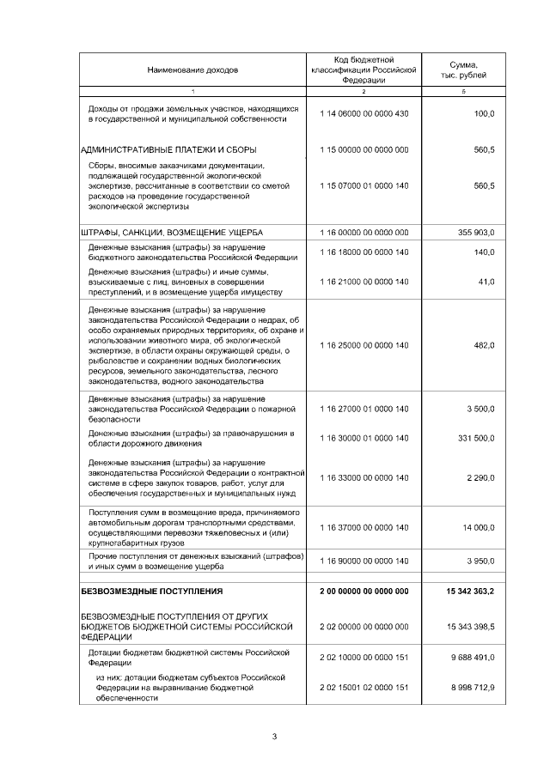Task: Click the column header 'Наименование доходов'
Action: [x=192, y=69]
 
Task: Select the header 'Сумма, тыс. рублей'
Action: [x=463, y=70]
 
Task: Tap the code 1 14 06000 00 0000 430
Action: [x=364, y=114]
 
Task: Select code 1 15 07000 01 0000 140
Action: [x=364, y=185]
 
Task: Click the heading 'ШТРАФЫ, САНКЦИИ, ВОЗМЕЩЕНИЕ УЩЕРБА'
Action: [x=171, y=232]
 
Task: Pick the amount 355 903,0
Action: [x=472, y=232]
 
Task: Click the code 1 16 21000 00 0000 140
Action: [x=364, y=282]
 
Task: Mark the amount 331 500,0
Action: [x=474, y=438]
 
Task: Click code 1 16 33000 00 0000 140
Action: [x=364, y=477]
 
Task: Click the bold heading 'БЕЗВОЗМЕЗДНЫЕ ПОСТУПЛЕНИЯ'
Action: [x=151, y=592]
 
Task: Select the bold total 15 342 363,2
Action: [x=470, y=592]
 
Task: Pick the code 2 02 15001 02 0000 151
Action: [x=364, y=688]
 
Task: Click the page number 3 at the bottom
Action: [x=275, y=736]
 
